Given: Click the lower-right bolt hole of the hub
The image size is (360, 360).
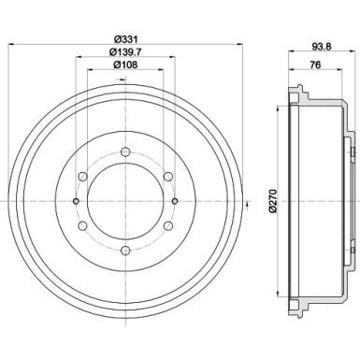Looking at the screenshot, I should click(167, 225).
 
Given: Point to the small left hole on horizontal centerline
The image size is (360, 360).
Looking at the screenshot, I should click(75, 200).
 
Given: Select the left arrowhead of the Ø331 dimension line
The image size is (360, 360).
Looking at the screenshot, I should click(11, 45).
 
